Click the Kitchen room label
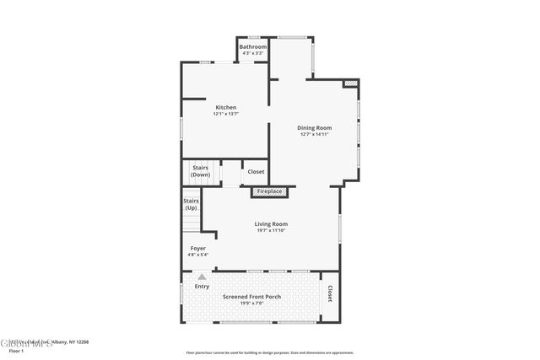point(225,107)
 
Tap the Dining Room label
point(314,127)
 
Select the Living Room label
point(271,223)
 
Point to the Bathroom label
point(253,46)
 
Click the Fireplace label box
point(270,192)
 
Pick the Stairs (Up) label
point(191,204)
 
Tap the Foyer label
point(197,248)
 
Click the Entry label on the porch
point(202,287)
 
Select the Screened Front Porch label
point(251,297)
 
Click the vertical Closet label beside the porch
point(329,293)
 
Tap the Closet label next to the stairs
point(256,171)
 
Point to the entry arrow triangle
point(202,276)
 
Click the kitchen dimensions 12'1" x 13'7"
point(225,114)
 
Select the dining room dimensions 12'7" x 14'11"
point(314,134)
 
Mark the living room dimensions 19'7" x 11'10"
point(271,230)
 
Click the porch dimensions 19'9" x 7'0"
point(251,304)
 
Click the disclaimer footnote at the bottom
point(270,353)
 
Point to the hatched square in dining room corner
point(350,83)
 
